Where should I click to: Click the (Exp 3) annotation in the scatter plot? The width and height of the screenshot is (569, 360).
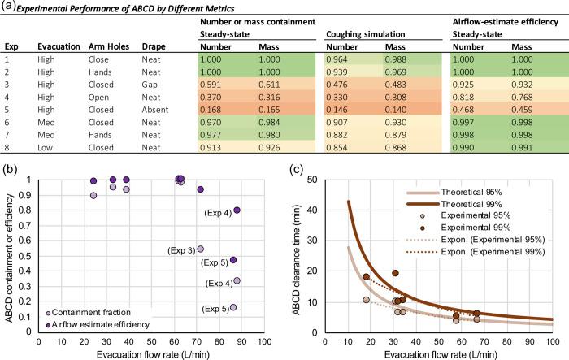pos(179,249)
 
